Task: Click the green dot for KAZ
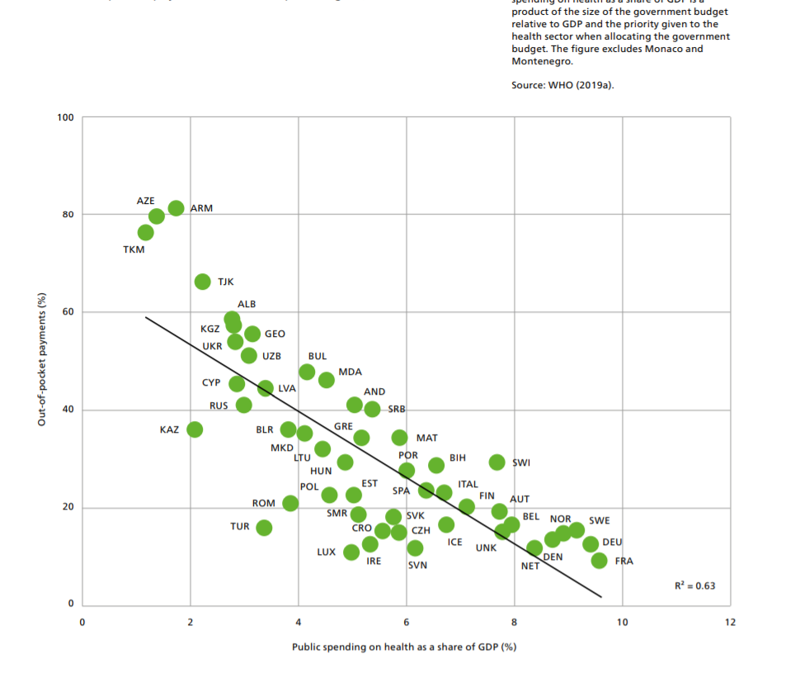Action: tap(195, 429)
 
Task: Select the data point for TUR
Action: tap(264, 528)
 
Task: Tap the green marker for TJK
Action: tap(202, 282)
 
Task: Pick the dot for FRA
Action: tap(600, 561)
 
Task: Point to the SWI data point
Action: tap(496, 462)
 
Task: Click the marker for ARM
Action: tap(176, 208)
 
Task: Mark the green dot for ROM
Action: tap(290, 503)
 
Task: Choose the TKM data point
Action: tap(146, 233)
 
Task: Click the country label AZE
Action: tap(145, 201)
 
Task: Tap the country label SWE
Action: tap(600, 521)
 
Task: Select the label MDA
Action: tap(350, 372)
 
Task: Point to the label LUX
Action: tap(326, 552)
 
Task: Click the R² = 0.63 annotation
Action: tap(695, 585)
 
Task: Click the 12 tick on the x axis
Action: tap(730, 622)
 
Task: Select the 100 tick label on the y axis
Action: tap(65, 117)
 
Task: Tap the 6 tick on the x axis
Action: tap(406, 622)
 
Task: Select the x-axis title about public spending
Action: tap(404, 647)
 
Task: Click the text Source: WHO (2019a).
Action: tap(562, 85)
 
